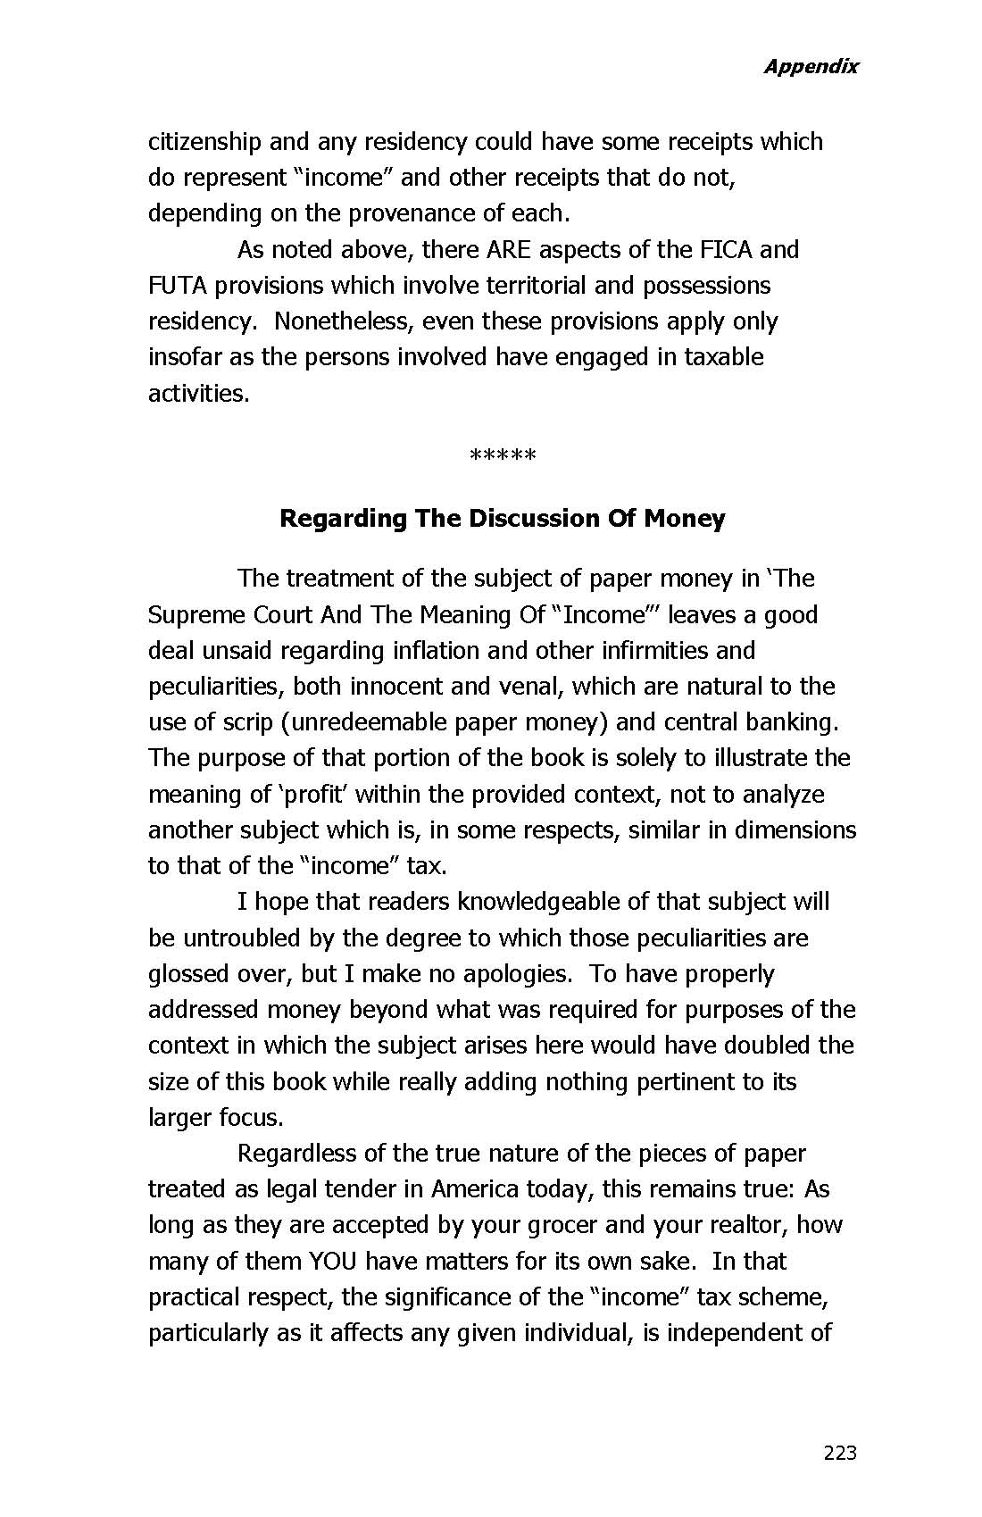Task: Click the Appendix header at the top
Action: coord(810,66)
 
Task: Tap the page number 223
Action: coord(840,1453)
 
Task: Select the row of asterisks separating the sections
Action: coord(503,457)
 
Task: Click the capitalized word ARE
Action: coord(508,249)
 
